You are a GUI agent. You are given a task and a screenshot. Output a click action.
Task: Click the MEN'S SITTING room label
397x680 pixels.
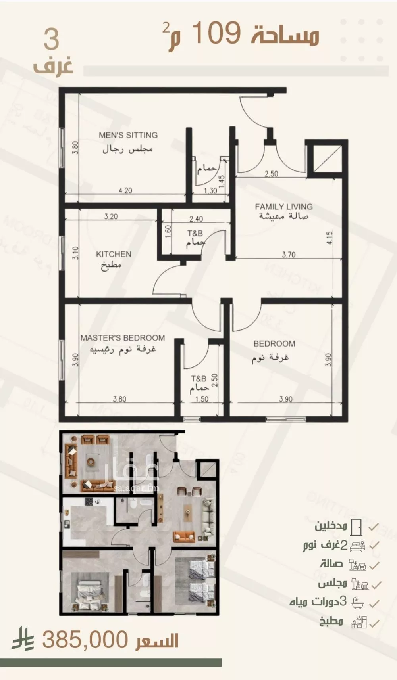128,135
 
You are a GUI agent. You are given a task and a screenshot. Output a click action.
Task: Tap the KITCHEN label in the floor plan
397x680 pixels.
114,254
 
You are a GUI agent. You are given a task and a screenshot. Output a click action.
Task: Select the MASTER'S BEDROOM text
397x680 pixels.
123,338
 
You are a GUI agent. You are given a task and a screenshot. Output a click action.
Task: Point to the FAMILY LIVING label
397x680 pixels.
283,207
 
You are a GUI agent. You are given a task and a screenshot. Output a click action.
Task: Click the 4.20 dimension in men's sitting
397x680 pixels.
125,191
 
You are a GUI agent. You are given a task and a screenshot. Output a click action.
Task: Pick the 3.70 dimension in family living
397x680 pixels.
289,255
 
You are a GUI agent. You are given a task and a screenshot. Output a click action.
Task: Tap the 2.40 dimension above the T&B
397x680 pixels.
196,219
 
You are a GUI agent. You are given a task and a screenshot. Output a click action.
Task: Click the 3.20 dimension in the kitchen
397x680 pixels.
111,216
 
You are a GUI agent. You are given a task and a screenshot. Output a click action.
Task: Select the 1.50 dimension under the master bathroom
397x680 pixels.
202,399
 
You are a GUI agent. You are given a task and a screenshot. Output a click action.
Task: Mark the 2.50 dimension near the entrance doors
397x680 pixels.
272,174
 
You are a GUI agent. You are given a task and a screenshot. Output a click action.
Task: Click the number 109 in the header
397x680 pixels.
217,33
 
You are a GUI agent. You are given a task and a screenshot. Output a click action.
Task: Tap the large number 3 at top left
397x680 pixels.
52,40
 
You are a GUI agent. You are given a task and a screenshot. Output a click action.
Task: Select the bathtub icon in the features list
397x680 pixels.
357,603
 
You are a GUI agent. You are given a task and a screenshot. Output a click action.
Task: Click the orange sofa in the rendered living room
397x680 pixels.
184,536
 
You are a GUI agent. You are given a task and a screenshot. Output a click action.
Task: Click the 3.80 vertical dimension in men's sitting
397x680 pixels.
75,148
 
